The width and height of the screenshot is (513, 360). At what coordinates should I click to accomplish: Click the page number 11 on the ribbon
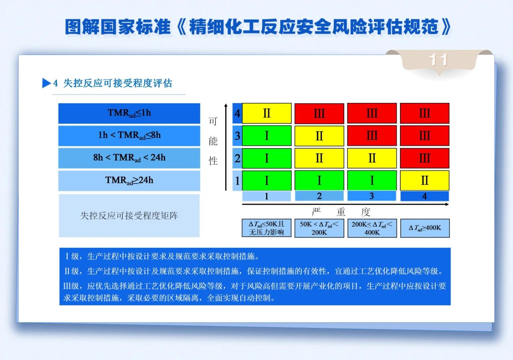point(438,60)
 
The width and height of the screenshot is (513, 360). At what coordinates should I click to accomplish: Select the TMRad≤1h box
point(129,113)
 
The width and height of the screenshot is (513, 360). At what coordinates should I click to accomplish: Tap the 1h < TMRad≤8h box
point(129,136)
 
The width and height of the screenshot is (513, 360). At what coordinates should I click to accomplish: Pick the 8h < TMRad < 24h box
point(129,158)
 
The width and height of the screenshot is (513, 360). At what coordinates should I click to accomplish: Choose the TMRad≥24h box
point(129,181)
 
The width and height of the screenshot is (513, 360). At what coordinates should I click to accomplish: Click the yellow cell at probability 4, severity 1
point(267,113)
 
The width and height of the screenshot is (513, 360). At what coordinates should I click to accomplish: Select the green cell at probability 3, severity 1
point(267,136)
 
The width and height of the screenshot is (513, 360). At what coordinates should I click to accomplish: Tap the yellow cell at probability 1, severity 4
point(424,181)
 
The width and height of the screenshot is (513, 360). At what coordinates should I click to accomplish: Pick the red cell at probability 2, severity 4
point(424,158)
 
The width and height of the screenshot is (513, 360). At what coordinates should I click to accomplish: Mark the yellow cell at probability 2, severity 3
point(372,158)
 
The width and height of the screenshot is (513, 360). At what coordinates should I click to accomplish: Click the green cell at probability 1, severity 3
point(372,181)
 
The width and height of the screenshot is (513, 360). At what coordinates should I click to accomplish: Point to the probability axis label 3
point(237,136)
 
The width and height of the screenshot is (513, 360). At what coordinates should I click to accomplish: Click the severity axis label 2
point(319,196)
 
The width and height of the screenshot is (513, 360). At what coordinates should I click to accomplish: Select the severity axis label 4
point(424,196)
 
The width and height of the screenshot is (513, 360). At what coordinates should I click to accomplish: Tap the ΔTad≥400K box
point(425,228)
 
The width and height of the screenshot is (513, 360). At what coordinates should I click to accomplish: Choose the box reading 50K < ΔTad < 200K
point(319,228)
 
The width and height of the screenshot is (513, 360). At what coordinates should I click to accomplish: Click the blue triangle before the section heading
point(46,83)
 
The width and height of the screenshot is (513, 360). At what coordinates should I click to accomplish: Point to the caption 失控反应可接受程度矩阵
point(129,215)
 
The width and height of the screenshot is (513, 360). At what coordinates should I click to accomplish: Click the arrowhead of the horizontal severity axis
point(447,204)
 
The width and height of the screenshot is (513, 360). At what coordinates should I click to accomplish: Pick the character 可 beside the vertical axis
point(213,121)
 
